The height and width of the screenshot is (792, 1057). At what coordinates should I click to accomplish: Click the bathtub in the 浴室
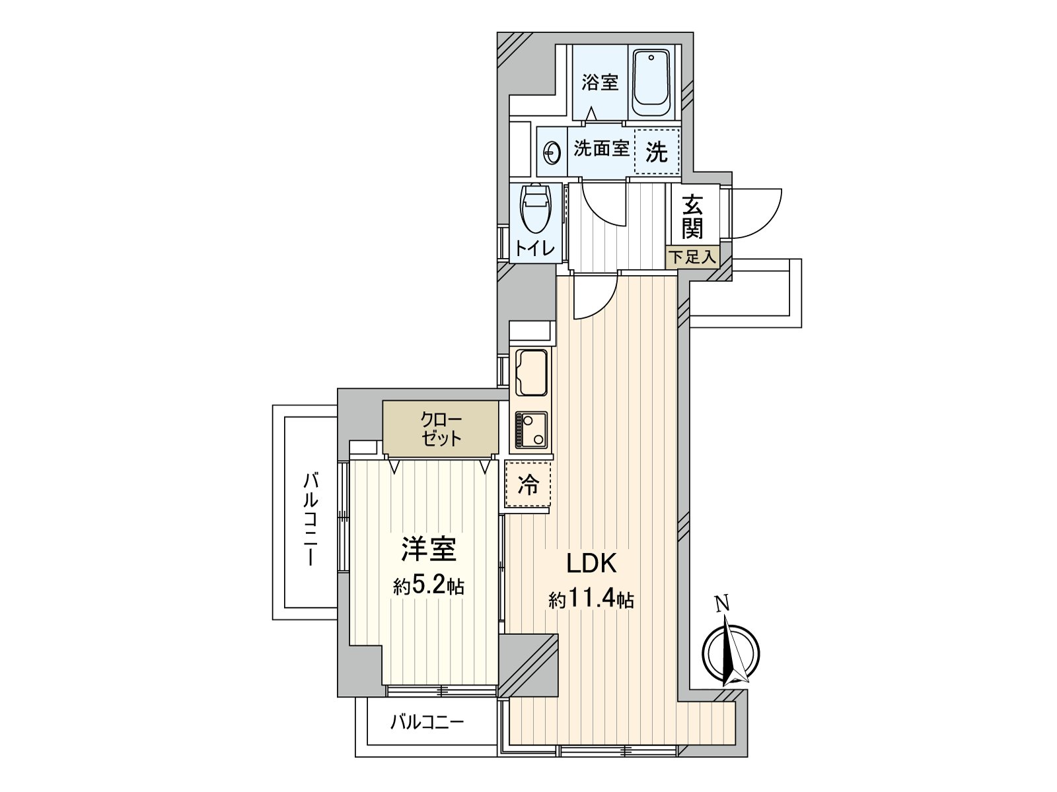click(651, 84)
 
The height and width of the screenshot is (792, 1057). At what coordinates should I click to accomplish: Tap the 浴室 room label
click(600, 83)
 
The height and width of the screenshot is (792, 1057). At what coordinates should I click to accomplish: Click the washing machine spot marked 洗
click(657, 152)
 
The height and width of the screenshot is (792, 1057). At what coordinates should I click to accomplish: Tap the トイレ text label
click(536, 248)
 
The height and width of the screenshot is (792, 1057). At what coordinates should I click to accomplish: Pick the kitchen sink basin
click(532, 370)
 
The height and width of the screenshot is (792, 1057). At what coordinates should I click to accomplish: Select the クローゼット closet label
click(441, 430)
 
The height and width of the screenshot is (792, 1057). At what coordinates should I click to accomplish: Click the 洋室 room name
click(428, 550)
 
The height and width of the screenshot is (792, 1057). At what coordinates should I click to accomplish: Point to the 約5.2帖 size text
click(428, 586)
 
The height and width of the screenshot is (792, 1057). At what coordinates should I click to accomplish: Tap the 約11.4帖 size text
click(591, 600)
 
